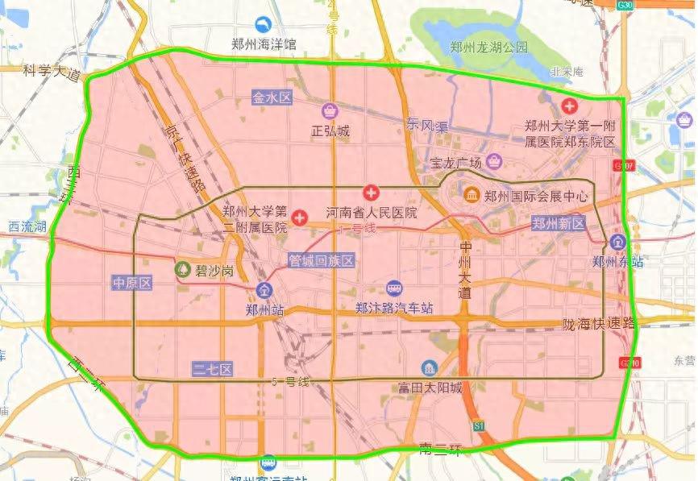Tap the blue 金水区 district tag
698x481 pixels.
pos(272,97)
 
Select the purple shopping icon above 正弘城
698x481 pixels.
pos(330,110)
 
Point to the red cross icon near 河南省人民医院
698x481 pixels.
pos(371,193)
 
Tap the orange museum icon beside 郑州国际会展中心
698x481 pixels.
pos(472,195)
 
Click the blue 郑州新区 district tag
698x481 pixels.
pos(558,223)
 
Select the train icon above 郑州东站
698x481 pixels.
pos(617,242)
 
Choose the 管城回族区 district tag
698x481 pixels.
pos(322,260)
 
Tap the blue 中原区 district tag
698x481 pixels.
pos(132,283)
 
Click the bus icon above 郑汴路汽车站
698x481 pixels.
pos(394,288)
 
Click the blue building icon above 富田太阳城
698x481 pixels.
pos(430,367)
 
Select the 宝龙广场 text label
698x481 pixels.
pos(455,161)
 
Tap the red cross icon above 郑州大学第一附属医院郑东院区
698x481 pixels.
pos(570,106)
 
